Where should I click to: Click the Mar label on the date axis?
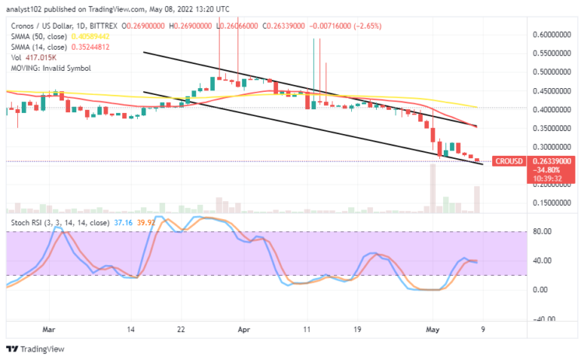(x=49, y=330)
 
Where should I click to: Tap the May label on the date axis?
(x=434, y=330)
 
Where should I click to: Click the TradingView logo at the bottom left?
(x=35, y=348)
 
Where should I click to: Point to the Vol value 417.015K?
(x=43, y=57)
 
